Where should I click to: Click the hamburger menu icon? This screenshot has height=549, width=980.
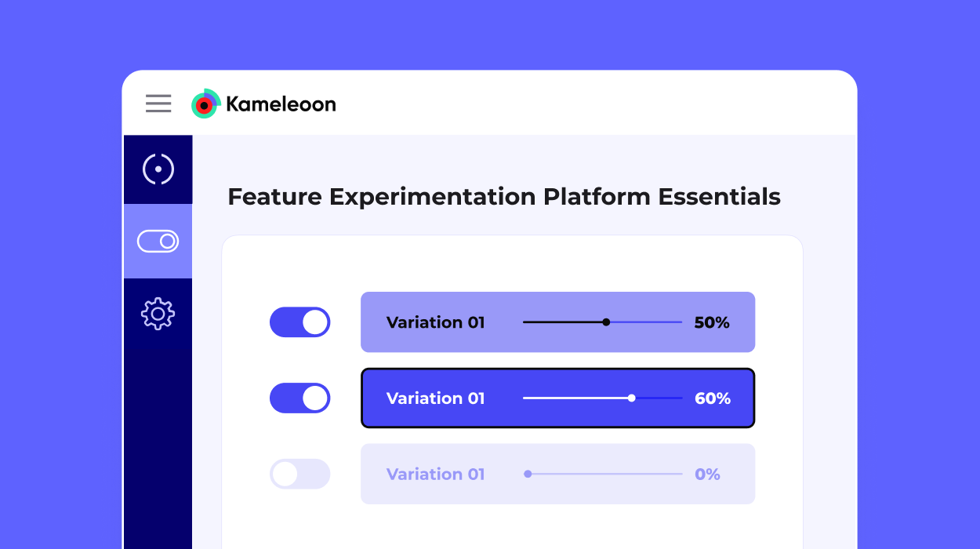pyautogui.click(x=158, y=104)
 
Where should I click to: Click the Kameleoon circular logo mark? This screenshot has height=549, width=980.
pyautogui.click(x=205, y=104)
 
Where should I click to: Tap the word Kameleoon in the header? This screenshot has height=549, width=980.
pyautogui.click(x=281, y=104)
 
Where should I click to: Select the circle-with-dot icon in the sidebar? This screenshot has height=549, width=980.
pyautogui.click(x=158, y=169)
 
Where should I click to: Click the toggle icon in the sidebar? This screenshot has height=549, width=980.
pyautogui.click(x=158, y=242)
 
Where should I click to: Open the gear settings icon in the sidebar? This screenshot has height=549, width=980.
pyautogui.click(x=158, y=314)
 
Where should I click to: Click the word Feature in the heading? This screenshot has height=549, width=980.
pyautogui.click(x=275, y=197)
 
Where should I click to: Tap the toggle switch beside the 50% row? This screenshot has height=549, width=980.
pyautogui.click(x=300, y=322)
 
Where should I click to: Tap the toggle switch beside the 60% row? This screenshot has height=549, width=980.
pyautogui.click(x=300, y=398)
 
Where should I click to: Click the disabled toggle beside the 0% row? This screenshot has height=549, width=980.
pyautogui.click(x=300, y=474)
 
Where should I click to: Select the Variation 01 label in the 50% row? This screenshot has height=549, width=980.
pyautogui.click(x=435, y=322)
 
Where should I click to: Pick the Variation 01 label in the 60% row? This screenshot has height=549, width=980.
pyautogui.click(x=435, y=398)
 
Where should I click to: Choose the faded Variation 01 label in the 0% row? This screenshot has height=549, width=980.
pyautogui.click(x=435, y=474)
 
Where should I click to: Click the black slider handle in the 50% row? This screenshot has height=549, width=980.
pyautogui.click(x=606, y=322)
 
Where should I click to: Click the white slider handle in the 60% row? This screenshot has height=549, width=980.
pyautogui.click(x=632, y=398)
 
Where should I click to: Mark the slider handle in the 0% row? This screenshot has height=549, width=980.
pyautogui.click(x=528, y=474)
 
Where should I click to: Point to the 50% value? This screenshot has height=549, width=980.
pyautogui.click(x=712, y=322)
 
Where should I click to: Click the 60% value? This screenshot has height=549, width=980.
pyautogui.click(x=712, y=398)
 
